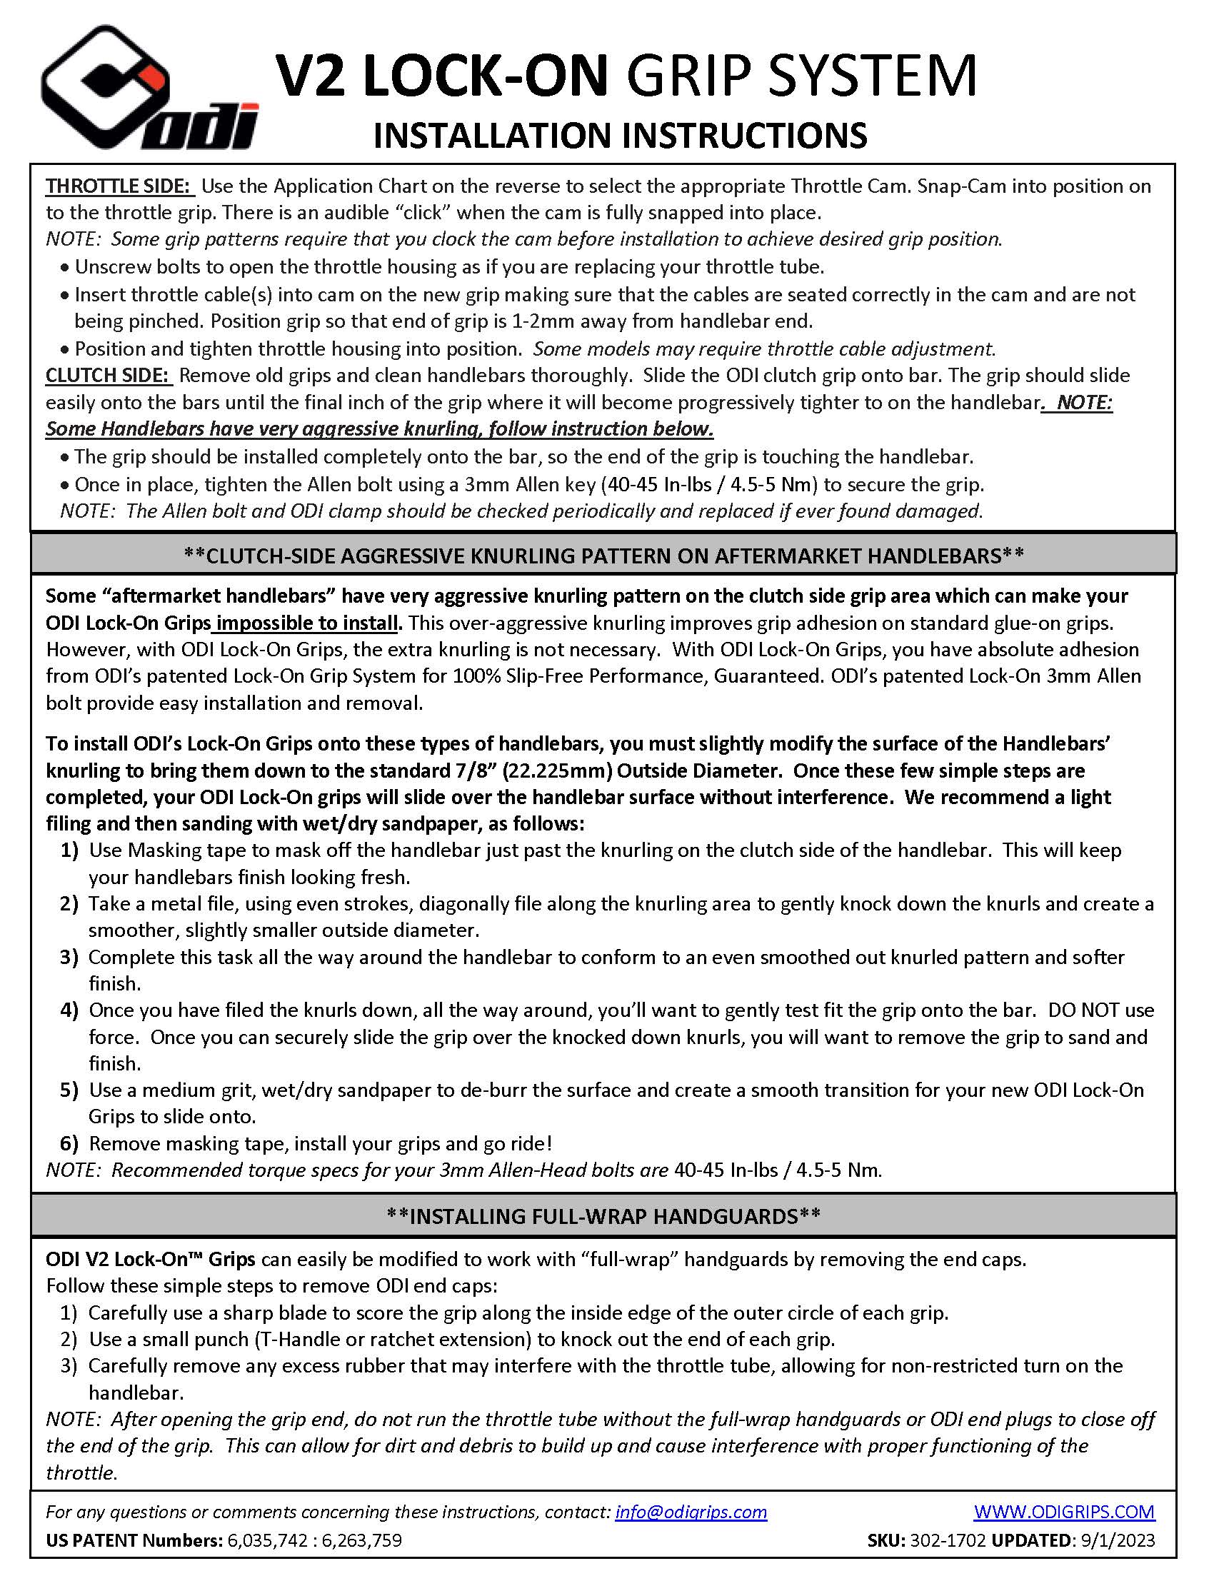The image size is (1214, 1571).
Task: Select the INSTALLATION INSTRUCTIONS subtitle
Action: (x=620, y=136)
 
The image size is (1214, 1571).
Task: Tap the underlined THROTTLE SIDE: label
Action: (x=120, y=186)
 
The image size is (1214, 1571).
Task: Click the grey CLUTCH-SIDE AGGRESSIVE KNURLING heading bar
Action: (x=603, y=555)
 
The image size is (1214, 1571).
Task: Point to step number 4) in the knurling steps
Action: (x=69, y=1010)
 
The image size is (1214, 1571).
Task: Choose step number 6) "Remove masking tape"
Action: (x=69, y=1144)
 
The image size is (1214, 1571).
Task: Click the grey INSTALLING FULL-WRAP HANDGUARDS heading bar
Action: (x=603, y=1215)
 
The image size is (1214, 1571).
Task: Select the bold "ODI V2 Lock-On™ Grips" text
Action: (x=150, y=1260)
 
